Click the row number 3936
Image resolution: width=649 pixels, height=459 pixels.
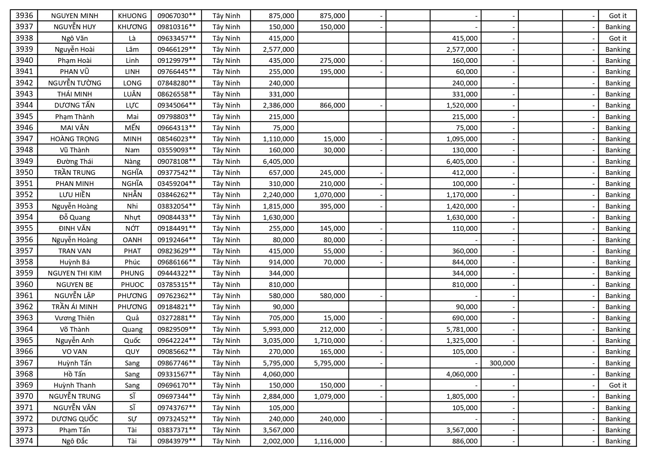click(24, 16)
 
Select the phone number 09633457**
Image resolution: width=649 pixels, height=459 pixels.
click(176, 38)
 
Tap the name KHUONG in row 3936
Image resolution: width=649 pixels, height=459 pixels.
click(132, 16)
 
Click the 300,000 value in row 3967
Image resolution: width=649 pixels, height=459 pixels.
click(502, 363)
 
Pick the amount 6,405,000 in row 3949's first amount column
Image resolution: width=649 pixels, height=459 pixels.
click(278, 161)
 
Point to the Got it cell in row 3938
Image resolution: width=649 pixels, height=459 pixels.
click(618, 38)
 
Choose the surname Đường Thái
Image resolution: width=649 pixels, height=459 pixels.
click(75, 161)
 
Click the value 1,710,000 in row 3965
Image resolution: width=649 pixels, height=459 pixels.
click(329, 340)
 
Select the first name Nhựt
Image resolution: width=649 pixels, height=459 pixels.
click(132, 217)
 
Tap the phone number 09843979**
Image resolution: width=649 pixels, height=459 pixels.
click(176, 441)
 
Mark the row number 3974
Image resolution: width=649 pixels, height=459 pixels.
click(24, 441)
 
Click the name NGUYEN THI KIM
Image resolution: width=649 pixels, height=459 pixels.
click(75, 273)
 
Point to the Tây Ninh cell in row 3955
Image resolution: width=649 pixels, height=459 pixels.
click(226, 228)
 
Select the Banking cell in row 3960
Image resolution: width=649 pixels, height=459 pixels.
click(618, 284)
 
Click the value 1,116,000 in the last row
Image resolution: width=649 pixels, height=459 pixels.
click(329, 441)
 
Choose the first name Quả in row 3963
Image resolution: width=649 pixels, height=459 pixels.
click(132, 318)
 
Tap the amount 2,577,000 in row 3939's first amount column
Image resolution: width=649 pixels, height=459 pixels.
click(278, 49)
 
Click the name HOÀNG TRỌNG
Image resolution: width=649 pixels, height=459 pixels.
click(75, 139)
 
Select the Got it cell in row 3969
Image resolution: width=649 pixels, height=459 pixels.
click(618, 385)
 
